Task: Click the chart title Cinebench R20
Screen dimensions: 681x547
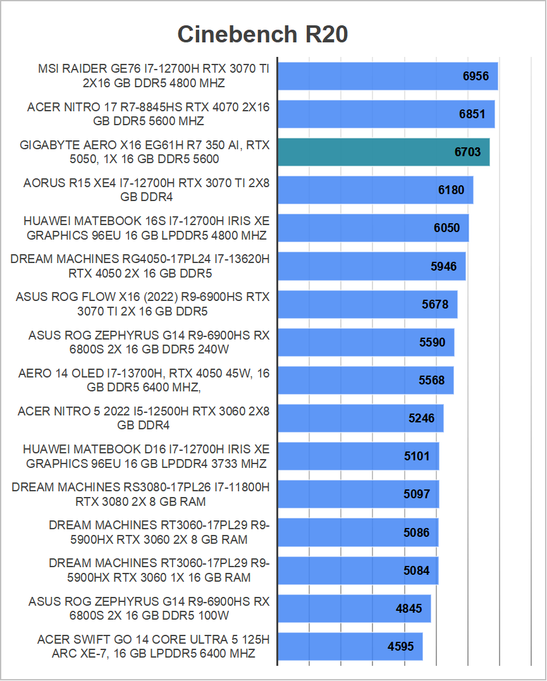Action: [x=262, y=34]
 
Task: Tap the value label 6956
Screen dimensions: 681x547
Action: [x=476, y=77]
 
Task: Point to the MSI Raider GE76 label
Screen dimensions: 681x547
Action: [x=154, y=76]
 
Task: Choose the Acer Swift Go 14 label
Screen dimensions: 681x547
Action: [x=153, y=646]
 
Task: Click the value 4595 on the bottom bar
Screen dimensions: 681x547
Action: [x=401, y=647]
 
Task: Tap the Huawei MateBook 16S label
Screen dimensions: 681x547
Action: [x=146, y=228]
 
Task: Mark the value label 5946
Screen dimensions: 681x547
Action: [x=443, y=266]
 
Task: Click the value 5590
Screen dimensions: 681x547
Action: [x=432, y=343]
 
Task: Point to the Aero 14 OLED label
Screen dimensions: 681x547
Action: [x=144, y=380]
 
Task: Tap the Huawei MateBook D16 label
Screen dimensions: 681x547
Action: [x=146, y=456]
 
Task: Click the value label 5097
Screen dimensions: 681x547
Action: [x=417, y=494]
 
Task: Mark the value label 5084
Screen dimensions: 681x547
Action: [x=416, y=570]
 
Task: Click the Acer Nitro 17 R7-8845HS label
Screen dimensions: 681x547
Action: [x=148, y=114]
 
